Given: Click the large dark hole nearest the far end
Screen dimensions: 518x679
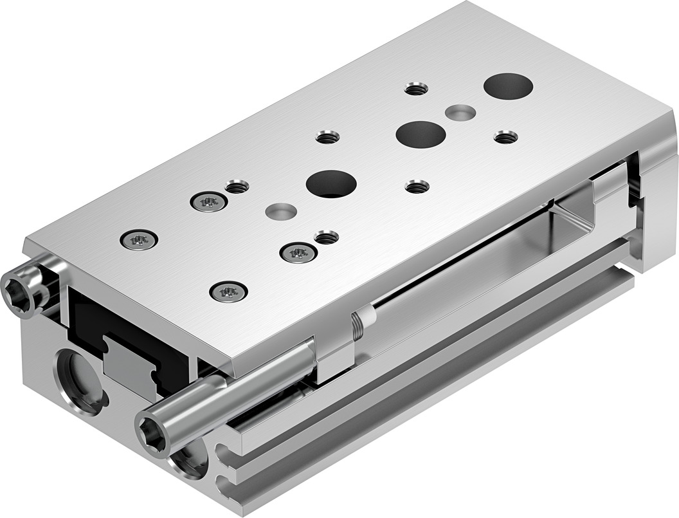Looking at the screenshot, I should click(x=508, y=86).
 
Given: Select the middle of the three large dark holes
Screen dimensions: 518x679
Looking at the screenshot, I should click(x=421, y=133).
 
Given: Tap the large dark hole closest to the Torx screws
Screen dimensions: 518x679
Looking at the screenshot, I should click(x=331, y=183).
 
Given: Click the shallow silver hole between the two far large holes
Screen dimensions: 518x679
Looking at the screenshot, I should click(x=460, y=113).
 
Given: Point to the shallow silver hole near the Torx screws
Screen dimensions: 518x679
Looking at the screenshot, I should click(x=281, y=210).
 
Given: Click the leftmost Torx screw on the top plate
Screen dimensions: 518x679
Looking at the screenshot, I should click(x=140, y=240).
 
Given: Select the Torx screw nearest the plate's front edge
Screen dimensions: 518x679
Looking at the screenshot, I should click(x=228, y=291).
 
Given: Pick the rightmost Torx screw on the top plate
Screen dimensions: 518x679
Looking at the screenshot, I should click(x=298, y=253).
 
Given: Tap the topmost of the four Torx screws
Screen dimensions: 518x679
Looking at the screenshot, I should click(x=209, y=202).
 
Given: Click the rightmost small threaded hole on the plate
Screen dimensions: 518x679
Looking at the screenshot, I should click(x=505, y=136).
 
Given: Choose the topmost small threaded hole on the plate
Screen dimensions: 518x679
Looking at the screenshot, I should click(x=416, y=89).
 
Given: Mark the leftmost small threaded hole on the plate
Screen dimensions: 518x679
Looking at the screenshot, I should click(x=237, y=187).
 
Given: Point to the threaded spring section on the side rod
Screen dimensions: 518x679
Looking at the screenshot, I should click(x=358, y=328).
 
